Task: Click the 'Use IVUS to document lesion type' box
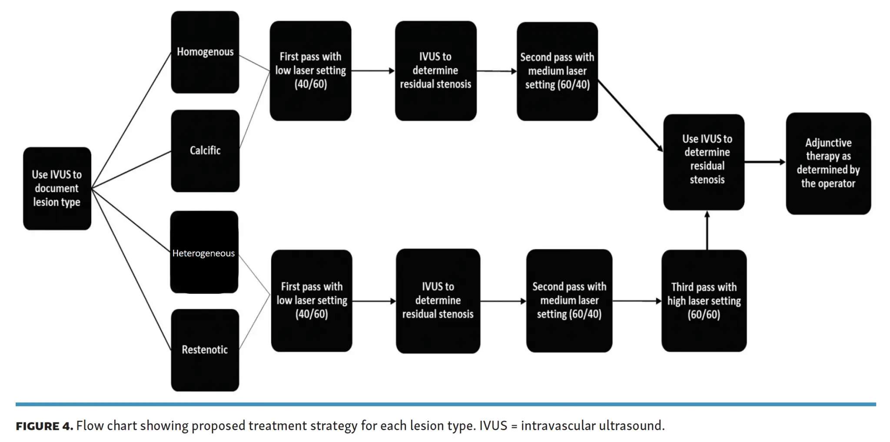(x=57, y=188)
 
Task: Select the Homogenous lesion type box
(x=205, y=52)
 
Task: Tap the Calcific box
(x=205, y=151)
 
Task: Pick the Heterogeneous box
(x=204, y=252)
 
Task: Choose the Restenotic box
(x=205, y=350)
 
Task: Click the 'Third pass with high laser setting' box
(x=704, y=301)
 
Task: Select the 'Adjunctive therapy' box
(x=828, y=163)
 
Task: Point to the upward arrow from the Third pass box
(x=707, y=230)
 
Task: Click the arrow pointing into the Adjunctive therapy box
(x=765, y=162)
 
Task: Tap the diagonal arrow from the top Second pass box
(x=631, y=116)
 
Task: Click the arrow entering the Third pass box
(x=637, y=301)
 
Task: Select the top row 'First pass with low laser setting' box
(x=310, y=71)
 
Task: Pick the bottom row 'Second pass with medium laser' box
(x=569, y=301)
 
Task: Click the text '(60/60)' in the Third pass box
(x=704, y=315)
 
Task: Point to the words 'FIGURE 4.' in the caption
(x=44, y=426)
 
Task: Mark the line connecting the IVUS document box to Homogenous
(x=131, y=120)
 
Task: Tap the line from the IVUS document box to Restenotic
(x=131, y=269)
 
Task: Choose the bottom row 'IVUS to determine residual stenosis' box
(x=438, y=301)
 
